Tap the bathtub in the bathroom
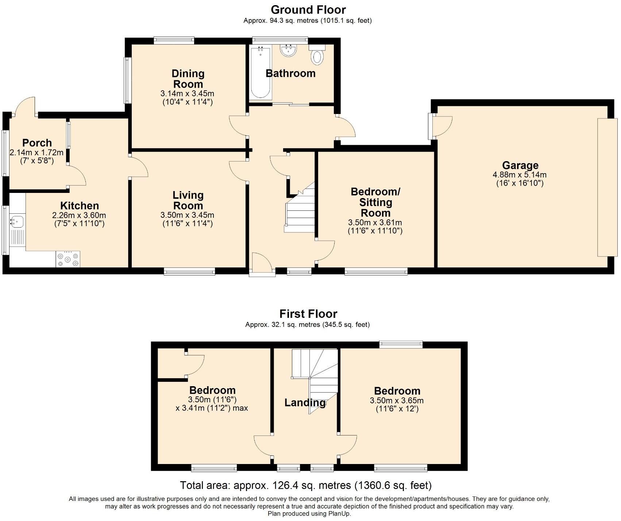[x=261, y=73]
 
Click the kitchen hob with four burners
[x=68, y=259]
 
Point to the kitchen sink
[x=17, y=221]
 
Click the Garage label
[x=520, y=166]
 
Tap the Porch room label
[x=37, y=143]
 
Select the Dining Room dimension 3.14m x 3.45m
[x=187, y=94]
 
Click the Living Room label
[x=188, y=200]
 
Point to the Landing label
[x=305, y=403]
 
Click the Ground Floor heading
[x=308, y=9]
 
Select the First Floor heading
[x=308, y=313]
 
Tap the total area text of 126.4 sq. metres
[x=306, y=485]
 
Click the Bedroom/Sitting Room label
[x=375, y=202]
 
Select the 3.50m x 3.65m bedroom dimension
[x=397, y=400]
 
